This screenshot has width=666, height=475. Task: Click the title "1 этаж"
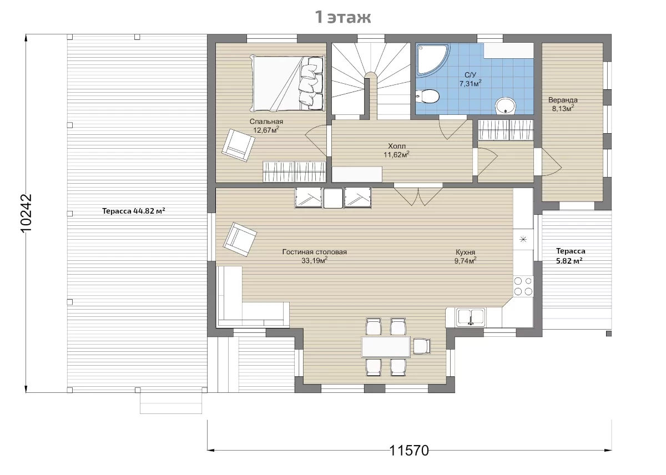(x=343, y=17)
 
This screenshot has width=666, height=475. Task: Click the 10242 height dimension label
(x=27, y=214)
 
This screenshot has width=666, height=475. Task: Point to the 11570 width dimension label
(x=409, y=451)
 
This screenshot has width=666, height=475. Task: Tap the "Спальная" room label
(x=266, y=122)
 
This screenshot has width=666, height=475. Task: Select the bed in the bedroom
(x=287, y=84)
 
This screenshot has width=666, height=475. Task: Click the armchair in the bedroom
(x=238, y=145)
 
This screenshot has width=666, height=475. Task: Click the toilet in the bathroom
(x=427, y=97)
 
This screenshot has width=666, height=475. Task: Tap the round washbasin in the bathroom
(x=505, y=106)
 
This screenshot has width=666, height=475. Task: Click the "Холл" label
(x=397, y=146)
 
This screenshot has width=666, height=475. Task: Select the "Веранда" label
(x=563, y=100)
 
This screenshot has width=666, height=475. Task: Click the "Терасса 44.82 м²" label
(x=134, y=211)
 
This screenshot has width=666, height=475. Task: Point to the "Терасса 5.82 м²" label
(x=571, y=256)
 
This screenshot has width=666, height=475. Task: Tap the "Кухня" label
(x=465, y=252)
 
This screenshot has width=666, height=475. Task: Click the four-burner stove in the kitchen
(x=523, y=286)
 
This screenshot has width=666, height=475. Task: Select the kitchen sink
(x=471, y=317)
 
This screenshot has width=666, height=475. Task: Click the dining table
(x=386, y=347)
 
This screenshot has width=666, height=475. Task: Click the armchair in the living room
(x=240, y=239)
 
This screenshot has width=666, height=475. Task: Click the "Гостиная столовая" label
(x=315, y=252)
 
